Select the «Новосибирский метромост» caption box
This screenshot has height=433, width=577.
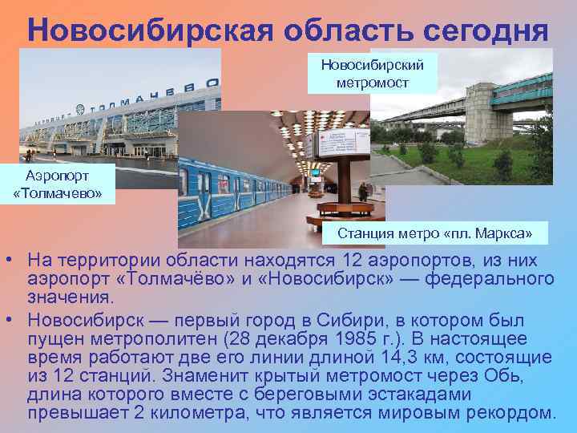(373, 72)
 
